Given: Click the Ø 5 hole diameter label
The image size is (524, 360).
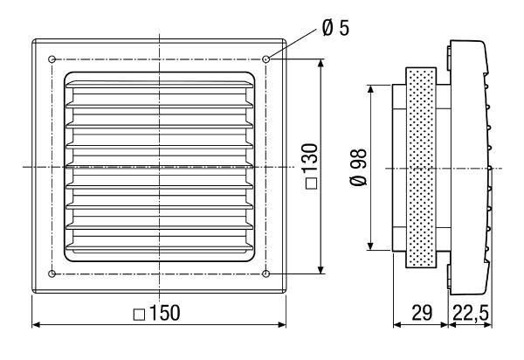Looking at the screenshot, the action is [x=335, y=28].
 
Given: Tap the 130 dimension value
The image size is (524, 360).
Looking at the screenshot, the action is [x=309, y=158].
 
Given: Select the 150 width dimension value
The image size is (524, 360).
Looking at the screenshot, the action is [x=164, y=313].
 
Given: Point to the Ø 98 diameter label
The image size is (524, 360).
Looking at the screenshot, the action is [x=359, y=167].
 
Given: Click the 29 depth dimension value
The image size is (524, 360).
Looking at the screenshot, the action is [x=422, y=313].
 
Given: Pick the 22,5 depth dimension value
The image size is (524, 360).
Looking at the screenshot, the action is [x=471, y=313].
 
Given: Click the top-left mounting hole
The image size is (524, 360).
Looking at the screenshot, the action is [x=52, y=59].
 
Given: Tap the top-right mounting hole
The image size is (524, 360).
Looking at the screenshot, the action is [x=266, y=59].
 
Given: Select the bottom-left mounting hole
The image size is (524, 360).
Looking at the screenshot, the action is [x=52, y=273].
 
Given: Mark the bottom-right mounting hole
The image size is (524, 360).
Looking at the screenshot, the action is [x=266, y=273].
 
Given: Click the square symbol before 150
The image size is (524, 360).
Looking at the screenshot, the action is [x=139, y=315].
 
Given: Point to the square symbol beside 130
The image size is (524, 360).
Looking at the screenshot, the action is [x=311, y=183].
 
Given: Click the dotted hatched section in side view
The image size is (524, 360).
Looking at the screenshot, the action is [x=421, y=168].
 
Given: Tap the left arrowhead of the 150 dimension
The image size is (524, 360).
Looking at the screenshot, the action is [x=36, y=324].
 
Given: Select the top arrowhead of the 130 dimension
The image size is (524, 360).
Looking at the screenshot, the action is [x=321, y=64].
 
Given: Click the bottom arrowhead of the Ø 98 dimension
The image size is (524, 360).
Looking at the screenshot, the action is [x=370, y=246].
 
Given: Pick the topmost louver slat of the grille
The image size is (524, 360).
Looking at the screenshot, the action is [x=159, y=85].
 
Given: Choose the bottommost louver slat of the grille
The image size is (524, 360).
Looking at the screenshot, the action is [x=159, y=247].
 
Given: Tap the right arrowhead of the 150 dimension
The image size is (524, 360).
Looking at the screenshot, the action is [x=282, y=324].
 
